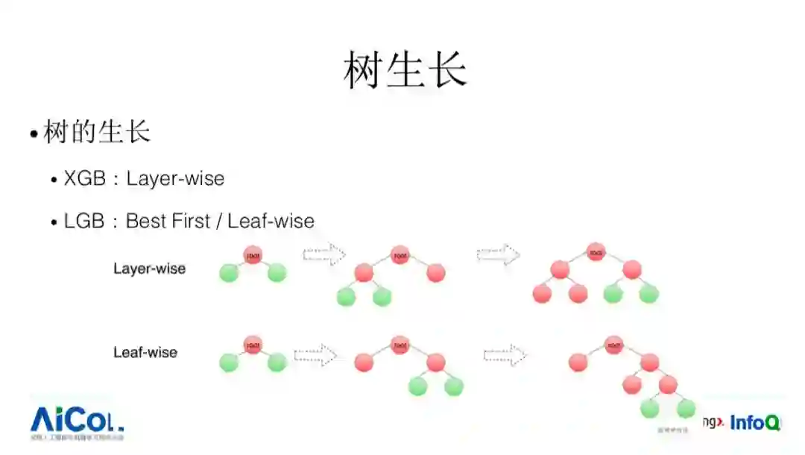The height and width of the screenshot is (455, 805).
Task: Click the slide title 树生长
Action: pyautogui.click(x=405, y=72)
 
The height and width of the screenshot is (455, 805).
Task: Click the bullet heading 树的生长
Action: pyautogui.click(x=97, y=133)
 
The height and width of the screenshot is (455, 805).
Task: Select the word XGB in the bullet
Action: pyautogui.click(x=85, y=179)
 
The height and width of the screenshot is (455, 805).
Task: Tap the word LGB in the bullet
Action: pyautogui.click(x=84, y=222)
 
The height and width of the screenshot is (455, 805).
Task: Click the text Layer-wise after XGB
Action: pyautogui.click(x=175, y=179)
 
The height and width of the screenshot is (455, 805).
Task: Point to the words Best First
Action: pyautogui.click(x=168, y=222)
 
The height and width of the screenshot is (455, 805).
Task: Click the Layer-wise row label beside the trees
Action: pyautogui.click(x=149, y=269)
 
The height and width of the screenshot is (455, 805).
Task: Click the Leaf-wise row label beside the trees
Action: pyautogui.click(x=145, y=352)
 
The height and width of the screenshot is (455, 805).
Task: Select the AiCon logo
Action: pyautogui.click(x=77, y=421)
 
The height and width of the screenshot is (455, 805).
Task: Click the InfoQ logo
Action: pyautogui.click(x=754, y=423)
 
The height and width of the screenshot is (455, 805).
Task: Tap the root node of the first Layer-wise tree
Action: pyautogui.click(x=253, y=255)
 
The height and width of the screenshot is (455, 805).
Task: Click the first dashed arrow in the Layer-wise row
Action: pyautogui.click(x=323, y=255)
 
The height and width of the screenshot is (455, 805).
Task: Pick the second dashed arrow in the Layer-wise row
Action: pyautogui.click(x=498, y=254)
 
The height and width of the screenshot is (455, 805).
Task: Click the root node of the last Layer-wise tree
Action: pyautogui.click(x=596, y=252)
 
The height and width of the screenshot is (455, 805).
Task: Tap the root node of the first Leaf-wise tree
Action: pyautogui.click(x=253, y=345)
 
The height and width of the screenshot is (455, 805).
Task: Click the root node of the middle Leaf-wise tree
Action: pyautogui.click(x=400, y=345)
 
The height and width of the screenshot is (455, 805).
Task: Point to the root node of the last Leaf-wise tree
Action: pyautogui.click(x=613, y=345)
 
